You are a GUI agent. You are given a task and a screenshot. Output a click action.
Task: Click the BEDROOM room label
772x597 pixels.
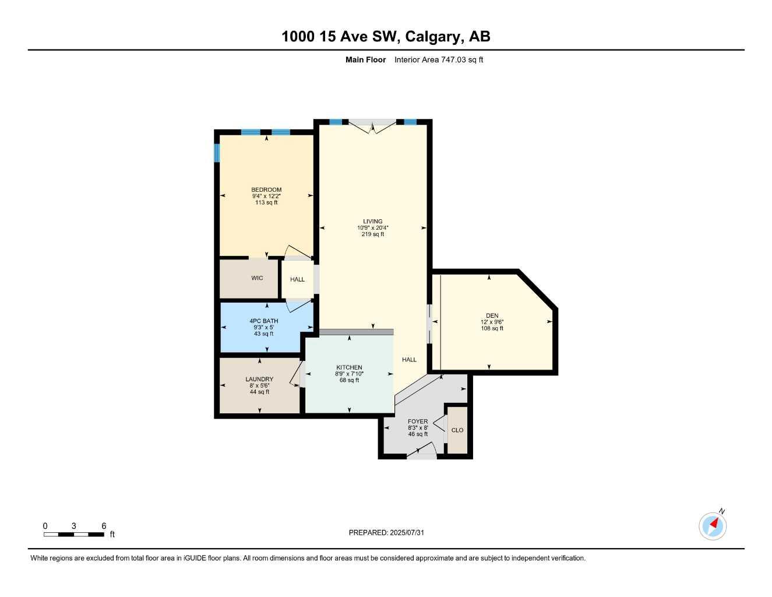tap(266, 189)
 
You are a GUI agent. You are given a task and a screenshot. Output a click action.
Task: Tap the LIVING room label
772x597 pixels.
tap(373, 222)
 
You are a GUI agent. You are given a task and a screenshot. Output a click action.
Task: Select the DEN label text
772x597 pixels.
tap(492, 315)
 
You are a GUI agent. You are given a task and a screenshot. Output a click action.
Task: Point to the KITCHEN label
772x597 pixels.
tap(349, 367)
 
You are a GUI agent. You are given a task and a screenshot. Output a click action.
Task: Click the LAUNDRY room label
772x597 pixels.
tap(259, 379)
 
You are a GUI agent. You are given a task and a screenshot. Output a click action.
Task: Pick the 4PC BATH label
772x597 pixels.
tap(263, 321)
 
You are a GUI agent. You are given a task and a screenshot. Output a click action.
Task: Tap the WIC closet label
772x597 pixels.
tap(257, 278)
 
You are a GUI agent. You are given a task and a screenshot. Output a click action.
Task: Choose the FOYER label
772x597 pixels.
tap(418, 422)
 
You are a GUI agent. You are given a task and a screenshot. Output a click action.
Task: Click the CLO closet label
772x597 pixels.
tap(457, 430)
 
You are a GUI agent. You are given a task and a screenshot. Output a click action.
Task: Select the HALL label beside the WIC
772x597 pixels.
tap(297, 279)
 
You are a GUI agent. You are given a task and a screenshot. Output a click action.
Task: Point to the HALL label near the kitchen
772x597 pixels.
tap(409, 360)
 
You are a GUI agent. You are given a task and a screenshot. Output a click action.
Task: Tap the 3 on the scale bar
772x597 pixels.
tap(74, 526)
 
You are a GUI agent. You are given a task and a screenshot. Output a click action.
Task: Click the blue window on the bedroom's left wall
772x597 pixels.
tap(216, 153)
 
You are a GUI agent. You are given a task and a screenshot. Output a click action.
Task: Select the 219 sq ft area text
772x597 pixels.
tap(373, 234)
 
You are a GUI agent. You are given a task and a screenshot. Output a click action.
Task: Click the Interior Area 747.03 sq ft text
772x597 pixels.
tap(439, 59)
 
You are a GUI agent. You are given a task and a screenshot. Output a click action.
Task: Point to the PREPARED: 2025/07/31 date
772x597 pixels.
tap(386, 533)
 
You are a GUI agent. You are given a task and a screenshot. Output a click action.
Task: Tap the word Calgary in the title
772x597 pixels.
tap(434, 37)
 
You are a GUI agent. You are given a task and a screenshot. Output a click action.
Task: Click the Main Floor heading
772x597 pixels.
tap(365, 59)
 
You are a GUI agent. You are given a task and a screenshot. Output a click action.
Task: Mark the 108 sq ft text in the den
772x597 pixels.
tap(492, 328)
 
